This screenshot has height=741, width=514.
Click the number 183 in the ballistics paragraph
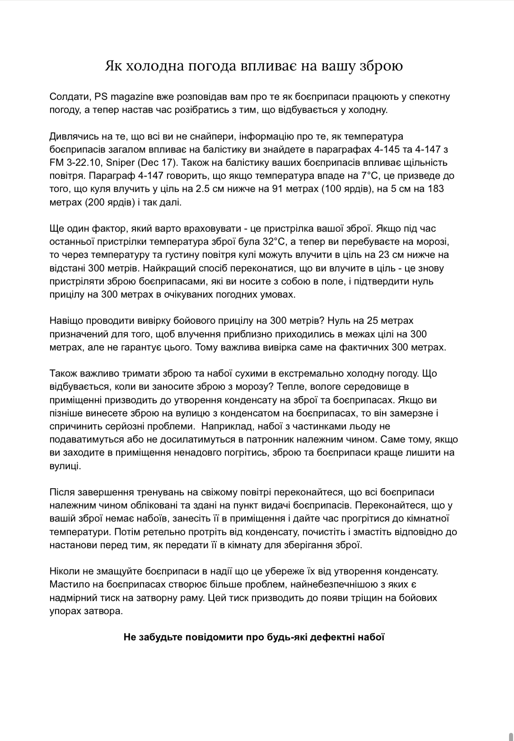click(435, 189)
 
